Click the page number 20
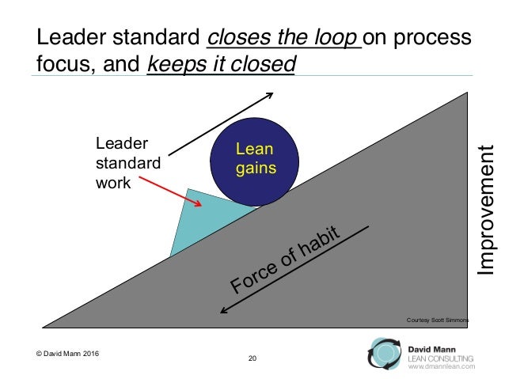pyautogui.click(x=252, y=360)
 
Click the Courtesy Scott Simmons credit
pyautogui.click(x=437, y=320)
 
